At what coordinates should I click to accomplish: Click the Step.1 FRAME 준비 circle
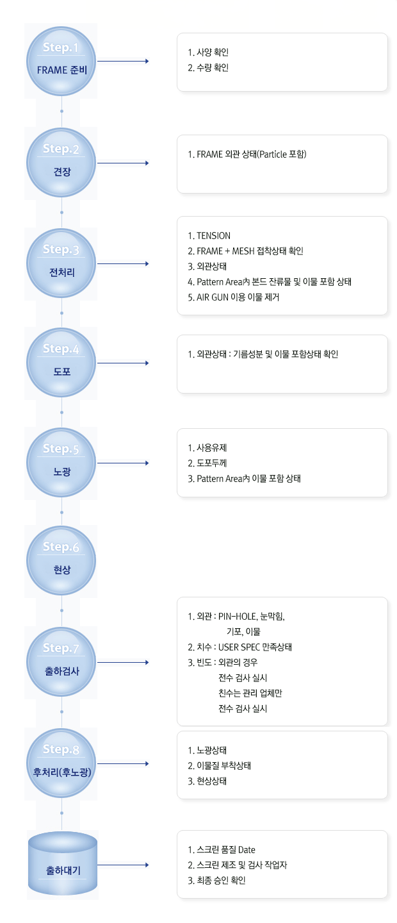(x=61, y=62)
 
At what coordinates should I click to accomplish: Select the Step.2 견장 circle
(x=61, y=163)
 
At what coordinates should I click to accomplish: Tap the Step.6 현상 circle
(x=61, y=561)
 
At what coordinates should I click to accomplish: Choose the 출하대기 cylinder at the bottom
(x=63, y=863)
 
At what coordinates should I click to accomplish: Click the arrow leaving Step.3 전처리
(x=123, y=263)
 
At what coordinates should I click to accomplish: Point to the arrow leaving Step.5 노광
(x=123, y=463)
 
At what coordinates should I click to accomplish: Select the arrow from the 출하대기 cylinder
(x=123, y=865)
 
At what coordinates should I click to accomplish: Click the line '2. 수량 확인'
(x=208, y=67)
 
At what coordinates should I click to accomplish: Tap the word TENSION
(x=213, y=236)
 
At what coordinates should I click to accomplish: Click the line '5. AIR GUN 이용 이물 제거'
(x=234, y=297)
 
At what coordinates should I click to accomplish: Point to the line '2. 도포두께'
(x=207, y=463)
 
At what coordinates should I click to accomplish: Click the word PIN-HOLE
(x=238, y=617)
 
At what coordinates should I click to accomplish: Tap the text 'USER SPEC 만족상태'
(x=255, y=647)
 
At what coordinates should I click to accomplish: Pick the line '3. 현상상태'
(x=207, y=781)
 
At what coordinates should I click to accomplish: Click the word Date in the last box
(x=247, y=850)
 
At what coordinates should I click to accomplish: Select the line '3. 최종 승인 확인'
(x=216, y=881)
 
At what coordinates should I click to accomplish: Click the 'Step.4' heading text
(x=61, y=349)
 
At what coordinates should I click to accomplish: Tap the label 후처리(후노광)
(x=62, y=772)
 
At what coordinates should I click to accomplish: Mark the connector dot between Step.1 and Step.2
(x=61, y=112)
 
